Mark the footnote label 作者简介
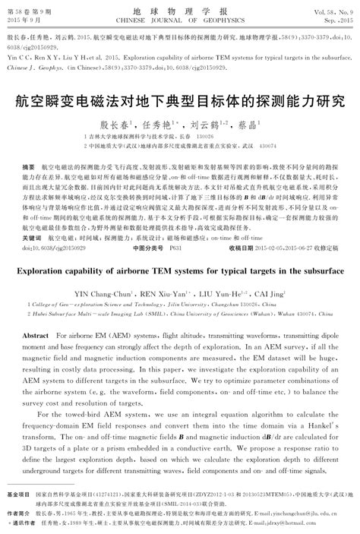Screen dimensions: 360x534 pyautogui.click(x=21, y=513)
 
